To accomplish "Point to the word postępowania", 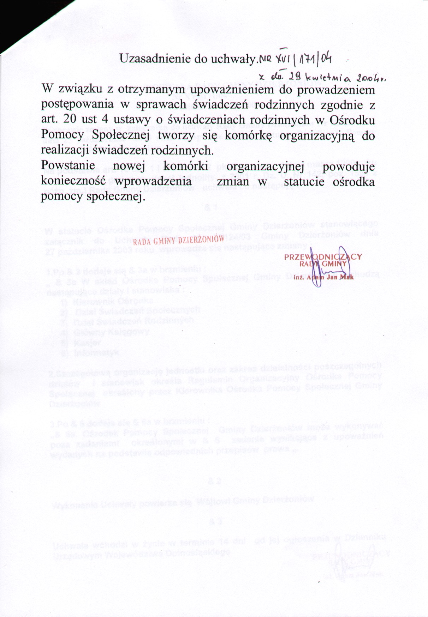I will click(77, 105).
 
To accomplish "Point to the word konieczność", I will click(73, 181).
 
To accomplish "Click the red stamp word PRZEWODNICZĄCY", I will click(323, 256).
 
